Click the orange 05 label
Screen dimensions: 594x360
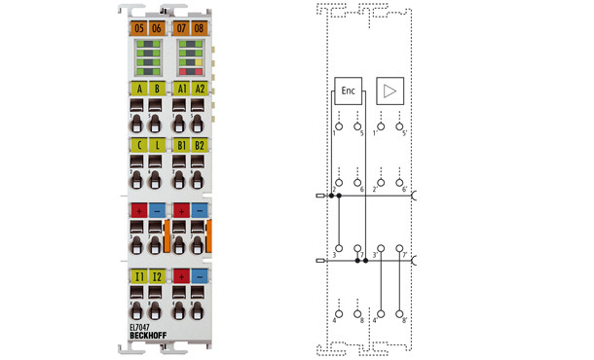[x=139, y=28]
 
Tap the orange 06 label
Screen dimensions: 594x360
[x=157, y=28]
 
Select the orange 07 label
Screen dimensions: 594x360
[x=181, y=28]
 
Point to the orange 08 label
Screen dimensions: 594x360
[x=199, y=28]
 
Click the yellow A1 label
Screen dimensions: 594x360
[x=181, y=89]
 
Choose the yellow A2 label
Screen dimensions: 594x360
[x=200, y=89]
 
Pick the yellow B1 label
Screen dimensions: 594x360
[x=181, y=146]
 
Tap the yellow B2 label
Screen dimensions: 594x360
[x=200, y=146]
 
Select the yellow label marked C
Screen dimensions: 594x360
[x=139, y=146]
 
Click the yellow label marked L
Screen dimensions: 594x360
[x=157, y=146]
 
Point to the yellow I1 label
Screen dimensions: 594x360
[x=139, y=277]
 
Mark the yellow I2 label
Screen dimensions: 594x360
[x=157, y=277]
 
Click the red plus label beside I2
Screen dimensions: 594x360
[x=181, y=277]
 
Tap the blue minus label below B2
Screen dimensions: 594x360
[x=200, y=210]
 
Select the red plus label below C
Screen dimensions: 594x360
[x=139, y=210]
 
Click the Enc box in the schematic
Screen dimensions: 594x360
[x=348, y=91]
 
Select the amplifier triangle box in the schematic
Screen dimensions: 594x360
[x=390, y=91]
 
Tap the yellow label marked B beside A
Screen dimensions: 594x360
[x=157, y=89]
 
